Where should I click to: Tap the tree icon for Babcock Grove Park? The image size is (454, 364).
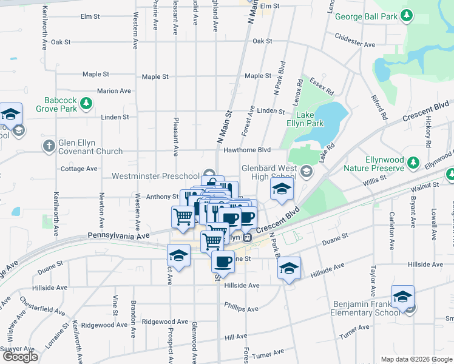click(87, 104)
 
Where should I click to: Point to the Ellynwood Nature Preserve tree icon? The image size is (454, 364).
click(413, 162)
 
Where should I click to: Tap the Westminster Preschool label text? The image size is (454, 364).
click(155, 176)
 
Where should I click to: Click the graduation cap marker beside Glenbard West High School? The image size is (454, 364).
click(282, 190)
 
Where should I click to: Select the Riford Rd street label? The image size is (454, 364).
click(380, 107)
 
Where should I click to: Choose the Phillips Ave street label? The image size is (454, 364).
click(241, 308)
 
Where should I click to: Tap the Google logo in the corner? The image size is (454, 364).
click(20, 357)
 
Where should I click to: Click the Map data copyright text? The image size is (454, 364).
click(415, 359)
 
